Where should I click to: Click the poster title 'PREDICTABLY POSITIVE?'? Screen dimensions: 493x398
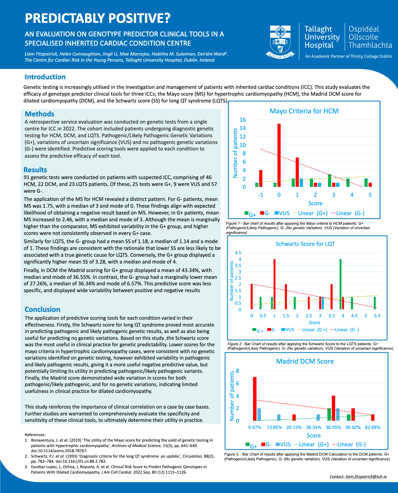pyautogui.click(x=97, y=18)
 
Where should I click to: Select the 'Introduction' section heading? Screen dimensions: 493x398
pyautogui.click(x=45, y=77)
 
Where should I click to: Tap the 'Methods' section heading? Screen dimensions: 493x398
pyautogui.click(x=39, y=114)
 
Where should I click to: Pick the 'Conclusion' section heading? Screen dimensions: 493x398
pyautogui.click(x=43, y=309)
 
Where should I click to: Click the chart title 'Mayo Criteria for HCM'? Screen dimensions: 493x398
pyautogui.click(x=304, y=111)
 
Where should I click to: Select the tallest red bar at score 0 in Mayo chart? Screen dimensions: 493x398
pyautogui.click(x=279, y=155)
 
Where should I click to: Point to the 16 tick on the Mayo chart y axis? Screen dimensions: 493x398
pyautogui.click(x=242, y=120)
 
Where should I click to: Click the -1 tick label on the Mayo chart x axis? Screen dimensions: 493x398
pyautogui.click(x=261, y=195)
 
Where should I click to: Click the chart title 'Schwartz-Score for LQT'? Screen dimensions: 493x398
pyautogui.click(x=305, y=244)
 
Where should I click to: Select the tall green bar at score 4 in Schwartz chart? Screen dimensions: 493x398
pyautogui.click(x=341, y=284)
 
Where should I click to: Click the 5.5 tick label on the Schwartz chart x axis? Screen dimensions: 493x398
pyautogui.click(x=377, y=316)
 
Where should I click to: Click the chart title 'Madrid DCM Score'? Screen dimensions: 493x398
pyautogui.click(x=305, y=361)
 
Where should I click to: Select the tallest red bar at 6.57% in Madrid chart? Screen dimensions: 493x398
pyautogui.click(x=254, y=399)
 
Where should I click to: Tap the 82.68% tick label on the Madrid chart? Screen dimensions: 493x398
pyautogui.click(x=372, y=427)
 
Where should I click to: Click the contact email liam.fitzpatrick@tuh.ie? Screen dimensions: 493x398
pyautogui.click(x=358, y=477)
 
